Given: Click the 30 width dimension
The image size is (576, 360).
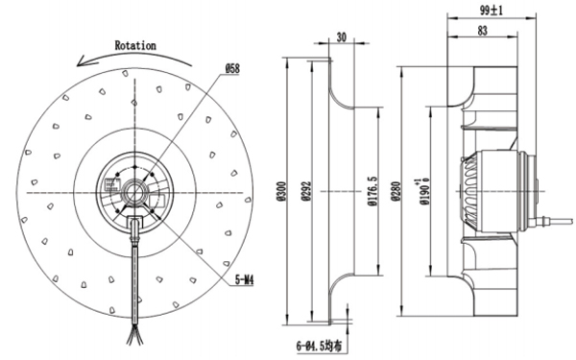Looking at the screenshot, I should [341, 38].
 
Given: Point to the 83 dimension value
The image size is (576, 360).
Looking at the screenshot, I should [483, 32].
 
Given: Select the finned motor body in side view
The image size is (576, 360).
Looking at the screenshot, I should [480, 192].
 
